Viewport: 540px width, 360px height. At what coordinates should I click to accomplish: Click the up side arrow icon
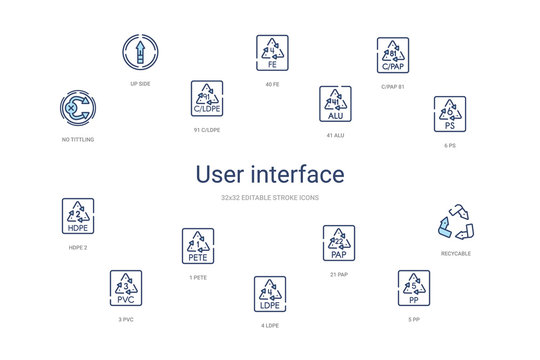pos(141,52)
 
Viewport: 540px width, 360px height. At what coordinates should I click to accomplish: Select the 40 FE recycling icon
pos(271,51)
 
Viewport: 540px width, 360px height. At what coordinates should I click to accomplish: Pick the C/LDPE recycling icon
pos(207,98)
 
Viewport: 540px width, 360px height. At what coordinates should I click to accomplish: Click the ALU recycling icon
pos(335,102)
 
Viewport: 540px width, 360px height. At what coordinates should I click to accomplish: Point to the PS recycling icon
pos(450,114)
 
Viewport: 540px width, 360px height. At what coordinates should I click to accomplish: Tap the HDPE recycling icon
pos(78,215)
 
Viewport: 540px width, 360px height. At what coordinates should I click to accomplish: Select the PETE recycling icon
pos(198,245)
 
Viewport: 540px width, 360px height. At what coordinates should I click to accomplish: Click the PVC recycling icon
pos(126,287)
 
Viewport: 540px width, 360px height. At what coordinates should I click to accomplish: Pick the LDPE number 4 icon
pos(269,293)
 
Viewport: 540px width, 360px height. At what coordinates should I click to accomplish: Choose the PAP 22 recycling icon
pos(338,241)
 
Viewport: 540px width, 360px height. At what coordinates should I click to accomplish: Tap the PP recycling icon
pos(413,286)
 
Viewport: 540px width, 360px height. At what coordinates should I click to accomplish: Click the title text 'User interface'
pos(269,174)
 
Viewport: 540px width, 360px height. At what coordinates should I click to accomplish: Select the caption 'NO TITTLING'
pos(77,140)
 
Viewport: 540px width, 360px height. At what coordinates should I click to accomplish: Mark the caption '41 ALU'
pos(335,135)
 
